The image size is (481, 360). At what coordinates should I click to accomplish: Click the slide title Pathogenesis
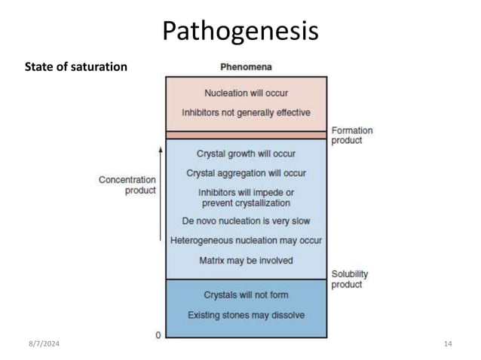[240, 31]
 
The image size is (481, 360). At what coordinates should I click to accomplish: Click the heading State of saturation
[76, 67]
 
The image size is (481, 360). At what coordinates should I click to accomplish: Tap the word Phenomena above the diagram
[246, 66]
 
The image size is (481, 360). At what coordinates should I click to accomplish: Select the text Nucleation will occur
[246, 94]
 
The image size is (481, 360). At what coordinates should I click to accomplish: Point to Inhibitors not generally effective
[246, 113]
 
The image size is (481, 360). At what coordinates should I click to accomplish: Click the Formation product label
[352, 136]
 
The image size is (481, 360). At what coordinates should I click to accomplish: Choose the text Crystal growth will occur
[246, 154]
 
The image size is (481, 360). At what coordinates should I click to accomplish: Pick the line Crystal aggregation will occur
[246, 173]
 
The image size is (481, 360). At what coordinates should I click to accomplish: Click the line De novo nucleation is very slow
[246, 221]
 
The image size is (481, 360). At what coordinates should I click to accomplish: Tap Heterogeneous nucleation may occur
[246, 241]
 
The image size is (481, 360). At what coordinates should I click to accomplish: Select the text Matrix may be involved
[246, 261]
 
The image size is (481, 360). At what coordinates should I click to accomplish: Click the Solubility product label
[350, 279]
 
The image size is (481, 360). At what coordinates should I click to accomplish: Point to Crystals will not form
[246, 294]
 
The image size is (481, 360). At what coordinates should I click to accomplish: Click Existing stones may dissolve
[246, 315]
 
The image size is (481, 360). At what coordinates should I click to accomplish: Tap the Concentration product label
[127, 185]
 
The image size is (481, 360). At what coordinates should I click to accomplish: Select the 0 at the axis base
[158, 334]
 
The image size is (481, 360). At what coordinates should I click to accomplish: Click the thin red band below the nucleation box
[246, 135]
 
